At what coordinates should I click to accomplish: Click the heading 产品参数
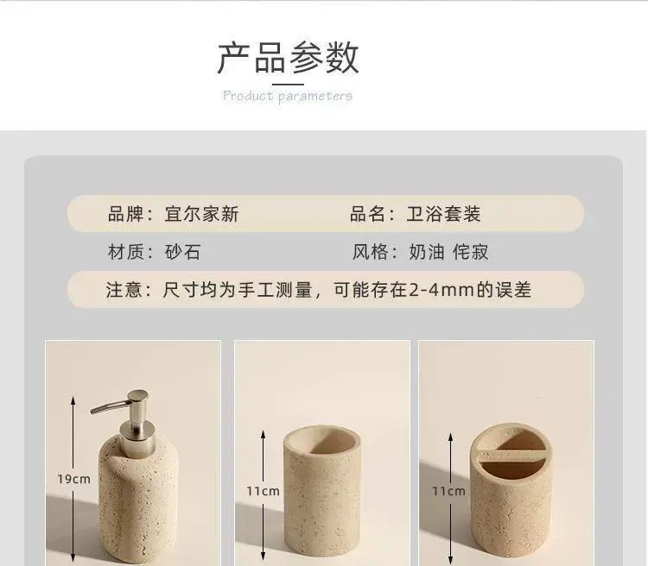pyautogui.click(x=288, y=58)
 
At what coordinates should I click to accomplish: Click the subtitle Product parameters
pyautogui.click(x=288, y=96)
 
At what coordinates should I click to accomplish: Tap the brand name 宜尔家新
pyautogui.click(x=201, y=214)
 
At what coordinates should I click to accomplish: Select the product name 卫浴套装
pyautogui.click(x=443, y=214)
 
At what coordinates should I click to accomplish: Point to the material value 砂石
pyautogui.click(x=182, y=252)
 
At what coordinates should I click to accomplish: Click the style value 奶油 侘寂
pyautogui.click(x=448, y=252)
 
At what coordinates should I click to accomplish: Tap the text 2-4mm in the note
pyautogui.click(x=442, y=290)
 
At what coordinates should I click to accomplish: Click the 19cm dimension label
pyautogui.click(x=73, y=479)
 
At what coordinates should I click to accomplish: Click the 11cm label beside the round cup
pyautogui.click(x=263, y=491)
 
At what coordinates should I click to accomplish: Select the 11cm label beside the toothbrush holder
pyautogui.click(x=448, y=491)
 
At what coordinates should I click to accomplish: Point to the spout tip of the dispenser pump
pyautogui.click(x=92, y=411)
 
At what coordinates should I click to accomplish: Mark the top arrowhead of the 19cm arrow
pyautogui.click(x=73, y=399)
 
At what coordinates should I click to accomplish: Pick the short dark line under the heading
pyautogui.click(x=288, y=85)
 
